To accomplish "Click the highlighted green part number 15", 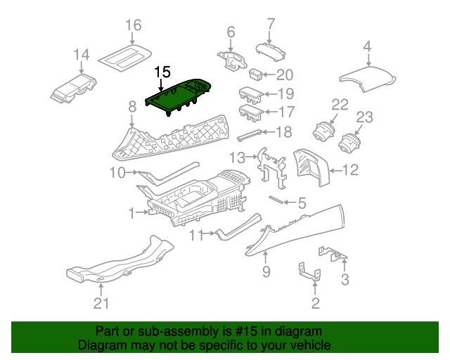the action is coord(178,96).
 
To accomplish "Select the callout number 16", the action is coord(134,25).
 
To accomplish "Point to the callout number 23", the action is coord(364,117).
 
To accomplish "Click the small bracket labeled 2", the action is coord(309,271).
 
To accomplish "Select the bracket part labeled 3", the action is coord(333,254).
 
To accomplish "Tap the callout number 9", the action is coord(266,271).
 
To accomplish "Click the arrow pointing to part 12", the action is coord(336,171).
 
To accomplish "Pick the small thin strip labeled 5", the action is coord(276,199).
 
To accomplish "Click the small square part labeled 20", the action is coord(255,75).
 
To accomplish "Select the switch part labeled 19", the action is coord(251,95).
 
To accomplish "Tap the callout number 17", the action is coord(286,112).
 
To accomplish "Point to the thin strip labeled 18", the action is coord(250,134).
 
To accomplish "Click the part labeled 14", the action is coord(74,89).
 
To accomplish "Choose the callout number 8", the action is coord(132,107).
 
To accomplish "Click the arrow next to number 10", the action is coord(132,172).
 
